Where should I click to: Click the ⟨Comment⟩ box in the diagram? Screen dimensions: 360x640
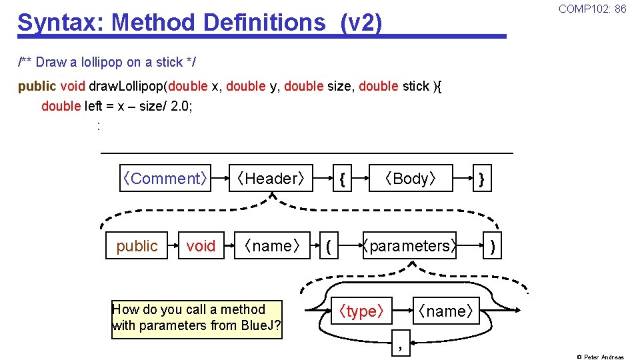pyautogui.click(x=165, y=179)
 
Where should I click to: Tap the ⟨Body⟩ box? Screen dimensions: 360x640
pyautogui.click(x=411, y=179)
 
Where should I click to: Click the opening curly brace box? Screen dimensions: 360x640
pyautogui.click(x=341, y=179)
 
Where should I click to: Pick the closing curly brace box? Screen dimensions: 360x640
pyautogui.click(x=482, y=179)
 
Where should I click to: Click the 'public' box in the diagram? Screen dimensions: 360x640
pyautogui.click(x=137, y=246)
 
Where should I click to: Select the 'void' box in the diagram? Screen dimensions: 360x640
pyautogui.click(x=201, y=246)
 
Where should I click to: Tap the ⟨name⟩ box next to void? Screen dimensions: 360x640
pyautogui.click(x=273, y=246)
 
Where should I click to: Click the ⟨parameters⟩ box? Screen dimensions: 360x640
pyautogui.click(x=409, y=246)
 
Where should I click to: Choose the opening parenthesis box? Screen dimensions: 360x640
pyautogui.click(x=328, y=246)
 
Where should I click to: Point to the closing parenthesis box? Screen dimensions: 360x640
pyautogui.click(x=492, y=246)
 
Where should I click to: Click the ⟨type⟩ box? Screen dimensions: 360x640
pyautogui.click(x=361, y=311)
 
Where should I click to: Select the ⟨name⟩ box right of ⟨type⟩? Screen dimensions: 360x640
pyautogui.click(x=446, y=311)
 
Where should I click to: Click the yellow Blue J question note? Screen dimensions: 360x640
pyautogui.click(x=197, y=318)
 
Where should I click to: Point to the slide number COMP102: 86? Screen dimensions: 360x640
pyautogui.click(x=592, y=9)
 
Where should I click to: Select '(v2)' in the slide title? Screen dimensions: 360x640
pyautogui.click(x=361, y=23)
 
